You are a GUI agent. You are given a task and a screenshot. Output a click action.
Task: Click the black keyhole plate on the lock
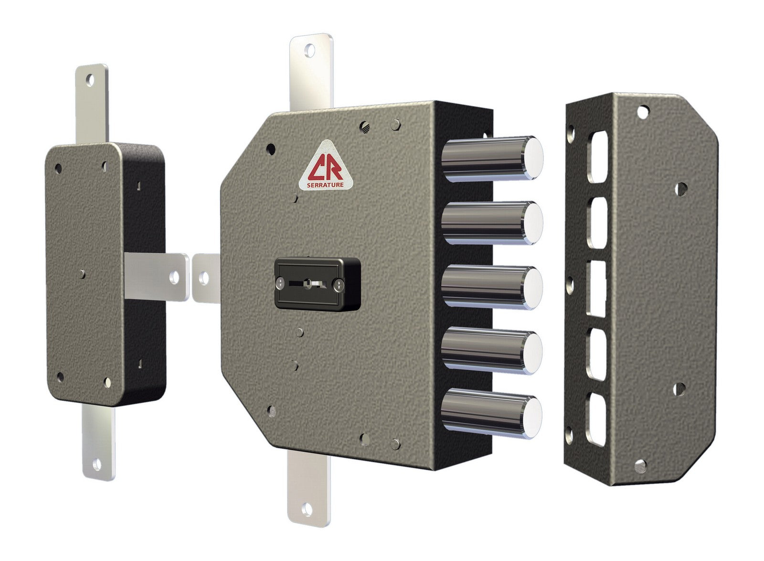point(318,283)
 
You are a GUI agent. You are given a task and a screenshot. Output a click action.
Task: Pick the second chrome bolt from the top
point(492,222)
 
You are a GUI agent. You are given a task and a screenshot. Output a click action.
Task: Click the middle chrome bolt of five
point(492,288)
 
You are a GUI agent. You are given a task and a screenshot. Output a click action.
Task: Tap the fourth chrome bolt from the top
point(492,353)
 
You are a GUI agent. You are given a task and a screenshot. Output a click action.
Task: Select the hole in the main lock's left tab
point(205,276)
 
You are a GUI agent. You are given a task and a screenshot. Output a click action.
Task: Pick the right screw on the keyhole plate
point(339,285)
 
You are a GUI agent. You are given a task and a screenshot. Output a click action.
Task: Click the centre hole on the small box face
point(83,273)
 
